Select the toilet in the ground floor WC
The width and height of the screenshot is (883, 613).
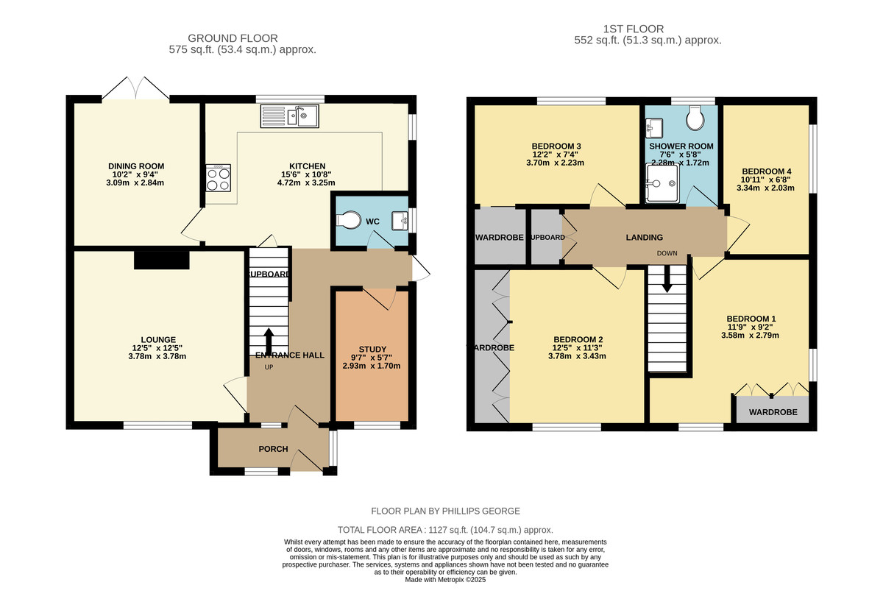[x=348, y=221]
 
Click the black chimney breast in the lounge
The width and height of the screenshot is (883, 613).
[x=162, y=260]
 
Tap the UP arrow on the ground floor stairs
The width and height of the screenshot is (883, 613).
[x=267, y=341]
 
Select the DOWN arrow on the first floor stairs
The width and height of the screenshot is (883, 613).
[x=667, y=280]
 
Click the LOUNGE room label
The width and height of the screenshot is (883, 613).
[x=158, y=339]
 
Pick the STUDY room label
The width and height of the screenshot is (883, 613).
[x=372, y=349]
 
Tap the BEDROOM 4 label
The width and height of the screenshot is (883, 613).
[x=767, y=171]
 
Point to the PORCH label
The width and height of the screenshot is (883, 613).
[x=273, y=449]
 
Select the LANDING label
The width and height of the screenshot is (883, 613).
[x=645, y=237]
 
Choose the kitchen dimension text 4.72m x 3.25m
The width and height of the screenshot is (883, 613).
[x=307, y=183]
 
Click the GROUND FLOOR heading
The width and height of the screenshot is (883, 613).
[x=233, y=38]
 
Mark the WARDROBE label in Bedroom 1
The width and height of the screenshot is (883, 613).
[x=773, y=412]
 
